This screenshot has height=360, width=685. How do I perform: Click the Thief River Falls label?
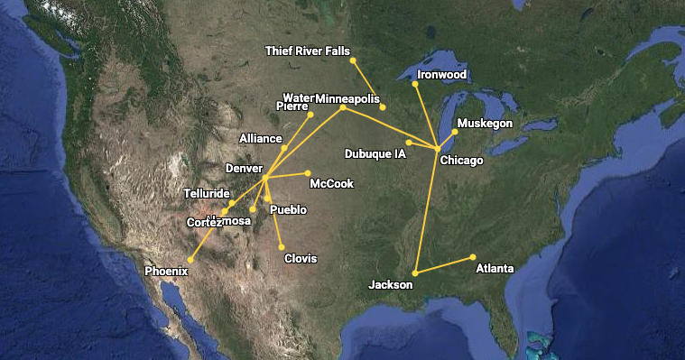point(307,51)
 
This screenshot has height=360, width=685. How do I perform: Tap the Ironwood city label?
point(442,74)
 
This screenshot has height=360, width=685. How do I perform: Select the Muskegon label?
point(485,123)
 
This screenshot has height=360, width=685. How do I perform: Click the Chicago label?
point(461,161)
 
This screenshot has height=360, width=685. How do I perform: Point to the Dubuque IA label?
point(375,153)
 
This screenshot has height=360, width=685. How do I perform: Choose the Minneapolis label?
point(348,98)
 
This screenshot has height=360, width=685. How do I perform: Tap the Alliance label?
point(261,139)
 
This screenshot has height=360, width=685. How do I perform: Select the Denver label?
point(244,169)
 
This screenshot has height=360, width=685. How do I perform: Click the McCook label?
point(331,184)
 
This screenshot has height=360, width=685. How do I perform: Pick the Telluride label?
point(207,193)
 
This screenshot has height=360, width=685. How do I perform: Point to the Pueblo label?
point(288,209)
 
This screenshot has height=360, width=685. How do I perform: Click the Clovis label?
point(301,259)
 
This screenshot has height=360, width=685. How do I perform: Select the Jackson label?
point(391,285)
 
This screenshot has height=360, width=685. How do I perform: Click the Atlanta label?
point(495,269)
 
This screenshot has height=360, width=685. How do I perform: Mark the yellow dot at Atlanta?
point(473,257)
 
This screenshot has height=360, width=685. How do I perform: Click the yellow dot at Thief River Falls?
point(353,60)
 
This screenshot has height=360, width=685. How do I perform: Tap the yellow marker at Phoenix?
point(190,260)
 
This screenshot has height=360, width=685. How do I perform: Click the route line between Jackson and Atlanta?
point(444,265)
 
